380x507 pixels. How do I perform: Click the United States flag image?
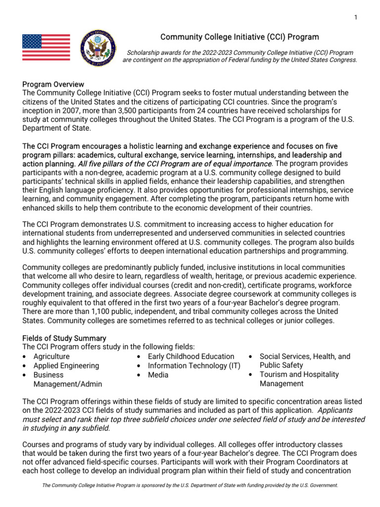[x=46, y=48]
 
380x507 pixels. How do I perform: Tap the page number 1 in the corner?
[x=355, y=18]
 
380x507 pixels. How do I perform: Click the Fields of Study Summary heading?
[x=64, y=338]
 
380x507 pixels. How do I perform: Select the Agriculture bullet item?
[x=51, y=356]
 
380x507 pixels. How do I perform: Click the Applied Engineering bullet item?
[x=66, y=366]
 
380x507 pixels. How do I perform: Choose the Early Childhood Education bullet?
[x=191, y=356]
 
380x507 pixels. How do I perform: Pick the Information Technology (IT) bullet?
[x=194, y=366]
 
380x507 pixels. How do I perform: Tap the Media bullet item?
[x=158, y=375]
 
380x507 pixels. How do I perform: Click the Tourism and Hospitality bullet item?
[x=299, y=374]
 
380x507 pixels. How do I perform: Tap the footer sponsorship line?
[x=190, y=486]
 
